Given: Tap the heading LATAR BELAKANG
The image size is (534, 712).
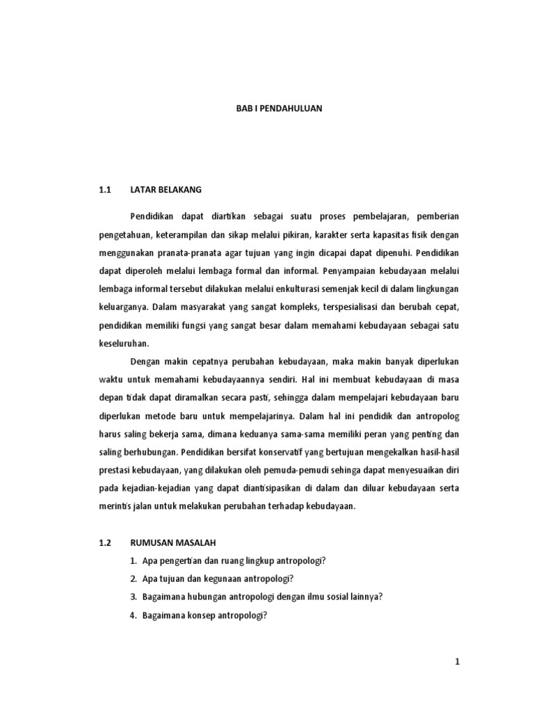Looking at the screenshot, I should (165, 189).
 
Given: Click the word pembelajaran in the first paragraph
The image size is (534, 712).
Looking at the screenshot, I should (375, 216).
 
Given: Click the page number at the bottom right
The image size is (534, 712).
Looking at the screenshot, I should (458, 663).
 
